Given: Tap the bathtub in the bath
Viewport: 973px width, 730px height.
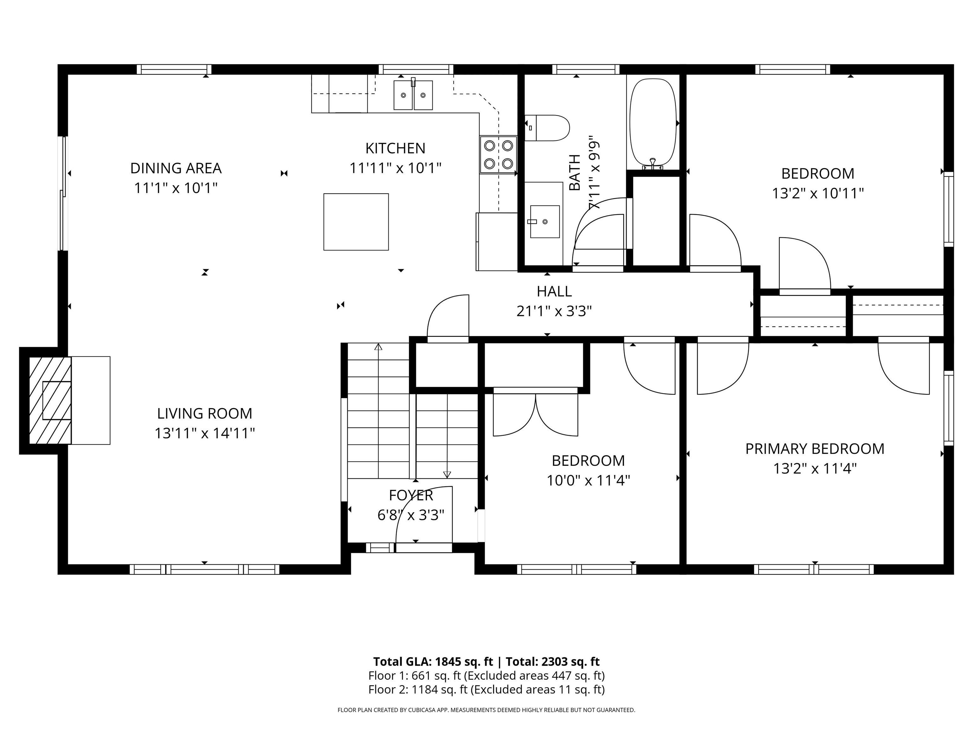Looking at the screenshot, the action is pos(653,124).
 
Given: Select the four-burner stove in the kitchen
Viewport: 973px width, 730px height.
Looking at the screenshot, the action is pos(498,154).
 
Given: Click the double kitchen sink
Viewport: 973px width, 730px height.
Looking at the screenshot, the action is pos(413,95).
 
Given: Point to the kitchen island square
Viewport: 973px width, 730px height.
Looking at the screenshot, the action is pos(356,222).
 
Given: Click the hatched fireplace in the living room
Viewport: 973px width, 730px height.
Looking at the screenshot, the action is pos(50,400).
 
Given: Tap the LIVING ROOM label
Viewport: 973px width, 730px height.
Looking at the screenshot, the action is pos(205,413).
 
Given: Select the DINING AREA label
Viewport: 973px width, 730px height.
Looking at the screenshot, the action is pos(176,168).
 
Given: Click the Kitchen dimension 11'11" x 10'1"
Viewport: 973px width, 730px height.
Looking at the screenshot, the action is pos(396,168).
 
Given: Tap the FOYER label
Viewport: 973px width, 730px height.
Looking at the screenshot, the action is pos(411,496).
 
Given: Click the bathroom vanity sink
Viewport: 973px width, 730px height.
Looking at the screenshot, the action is pos(544,221).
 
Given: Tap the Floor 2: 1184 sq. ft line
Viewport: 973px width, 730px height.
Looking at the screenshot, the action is pos(486,689).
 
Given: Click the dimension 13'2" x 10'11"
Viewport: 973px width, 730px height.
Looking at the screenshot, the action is pos(818,193).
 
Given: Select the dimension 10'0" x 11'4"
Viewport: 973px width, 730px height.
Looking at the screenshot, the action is pos(588,480).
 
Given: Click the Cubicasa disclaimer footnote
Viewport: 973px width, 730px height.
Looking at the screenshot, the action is pos(486,710).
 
